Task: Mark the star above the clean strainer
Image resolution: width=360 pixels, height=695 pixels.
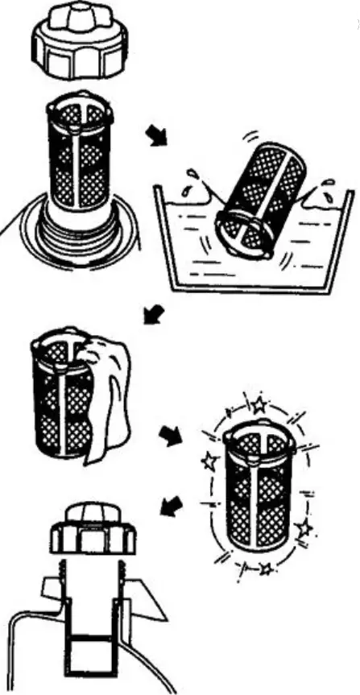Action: (257, 404)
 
